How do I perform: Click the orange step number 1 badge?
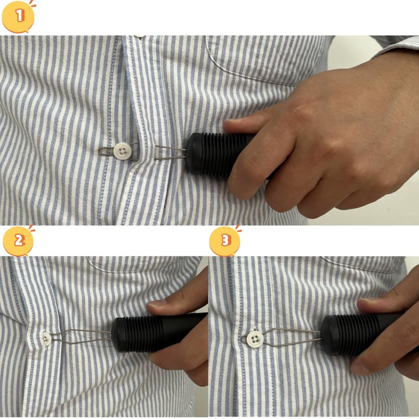(x=19, y=16)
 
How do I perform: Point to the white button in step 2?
(x=47, y=338)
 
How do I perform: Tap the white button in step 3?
(x=255, y=338)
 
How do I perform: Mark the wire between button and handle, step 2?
(x=84, y=335)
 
